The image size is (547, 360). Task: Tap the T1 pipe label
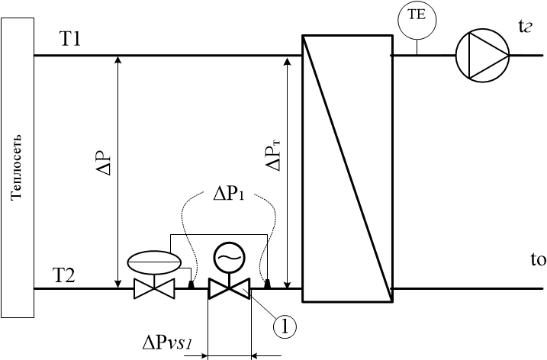pyautogui.click(x=70, y=39)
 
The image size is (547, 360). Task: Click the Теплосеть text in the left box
pyautogui.click(x=16, y=167)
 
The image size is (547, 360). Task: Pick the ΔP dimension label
pyautogui.click(x=104, y=162)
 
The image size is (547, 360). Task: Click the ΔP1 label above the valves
pyautogui.click(x=229, y=194)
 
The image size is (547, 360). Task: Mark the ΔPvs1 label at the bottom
pyautogui.click(x=167, y=343)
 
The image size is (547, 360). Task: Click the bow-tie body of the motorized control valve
pyautogui.click(x=229, y=288)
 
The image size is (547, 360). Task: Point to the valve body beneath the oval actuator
pyautogui.click(x=154, y=289)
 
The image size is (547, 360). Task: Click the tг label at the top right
pyautogui.click(x=525, y=26)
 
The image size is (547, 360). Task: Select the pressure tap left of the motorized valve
pyautogui.click(x=191, y=284)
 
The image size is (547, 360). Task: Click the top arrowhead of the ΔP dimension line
pyautogui.click(x=118, y=59)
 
